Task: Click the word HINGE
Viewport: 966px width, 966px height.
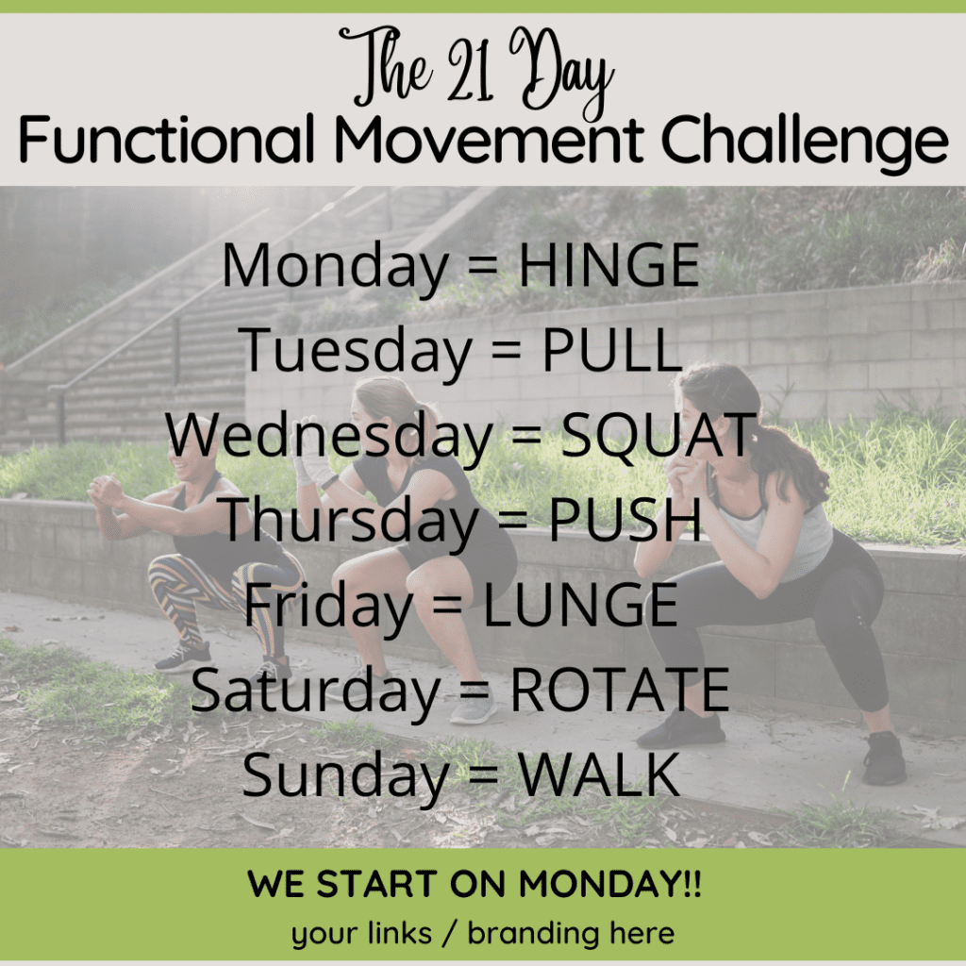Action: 609,265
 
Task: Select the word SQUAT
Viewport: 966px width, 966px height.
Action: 658,435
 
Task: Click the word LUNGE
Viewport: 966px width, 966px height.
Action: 580,605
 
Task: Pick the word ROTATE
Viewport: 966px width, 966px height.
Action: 620,690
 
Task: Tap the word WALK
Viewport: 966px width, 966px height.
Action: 598,774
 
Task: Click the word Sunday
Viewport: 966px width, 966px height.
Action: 345,777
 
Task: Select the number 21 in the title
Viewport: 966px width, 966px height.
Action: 471,72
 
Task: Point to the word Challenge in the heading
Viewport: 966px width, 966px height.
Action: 805,143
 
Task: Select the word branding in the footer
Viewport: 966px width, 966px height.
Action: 533,933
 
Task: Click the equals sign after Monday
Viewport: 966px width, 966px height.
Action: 483,266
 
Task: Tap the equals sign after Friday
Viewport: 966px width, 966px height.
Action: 447,606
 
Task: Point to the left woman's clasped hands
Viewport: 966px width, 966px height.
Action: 106,490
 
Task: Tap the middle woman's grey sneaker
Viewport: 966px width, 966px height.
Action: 473,709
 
